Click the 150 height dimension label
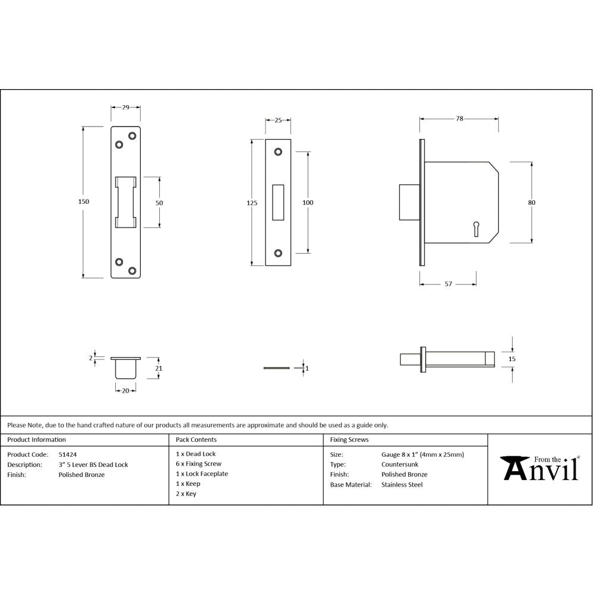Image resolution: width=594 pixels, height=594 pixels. pos(84,202)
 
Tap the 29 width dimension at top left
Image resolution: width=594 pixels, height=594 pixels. pos(126,108)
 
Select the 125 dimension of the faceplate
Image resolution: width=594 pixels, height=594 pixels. pos(252,203)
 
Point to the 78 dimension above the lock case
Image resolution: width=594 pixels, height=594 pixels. pos(459,119)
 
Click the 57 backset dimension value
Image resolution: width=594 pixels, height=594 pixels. pos(448,285)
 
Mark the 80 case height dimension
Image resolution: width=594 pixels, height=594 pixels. pos(532,203)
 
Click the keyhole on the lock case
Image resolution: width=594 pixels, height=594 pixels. pos(476,228)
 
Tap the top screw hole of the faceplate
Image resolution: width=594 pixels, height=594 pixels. pos(278,152)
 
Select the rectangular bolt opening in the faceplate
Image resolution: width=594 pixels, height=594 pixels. pos(278,203)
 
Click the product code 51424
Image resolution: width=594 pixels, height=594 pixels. pos(67,454)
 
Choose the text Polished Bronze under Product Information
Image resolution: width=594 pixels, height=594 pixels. pos(81,475)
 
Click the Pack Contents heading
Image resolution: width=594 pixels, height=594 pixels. pos(196,440)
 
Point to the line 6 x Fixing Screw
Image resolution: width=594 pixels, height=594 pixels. pos(198,464)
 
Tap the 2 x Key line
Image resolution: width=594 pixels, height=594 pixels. pos(186,494)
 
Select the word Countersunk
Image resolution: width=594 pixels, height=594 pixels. pos(400,465)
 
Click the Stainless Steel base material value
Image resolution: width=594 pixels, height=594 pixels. pos(402,485)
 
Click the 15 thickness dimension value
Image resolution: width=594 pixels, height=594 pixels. pos(512,359)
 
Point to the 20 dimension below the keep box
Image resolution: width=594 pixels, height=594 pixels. pos(125,390)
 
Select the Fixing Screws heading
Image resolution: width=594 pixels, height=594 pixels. pos(349,440)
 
